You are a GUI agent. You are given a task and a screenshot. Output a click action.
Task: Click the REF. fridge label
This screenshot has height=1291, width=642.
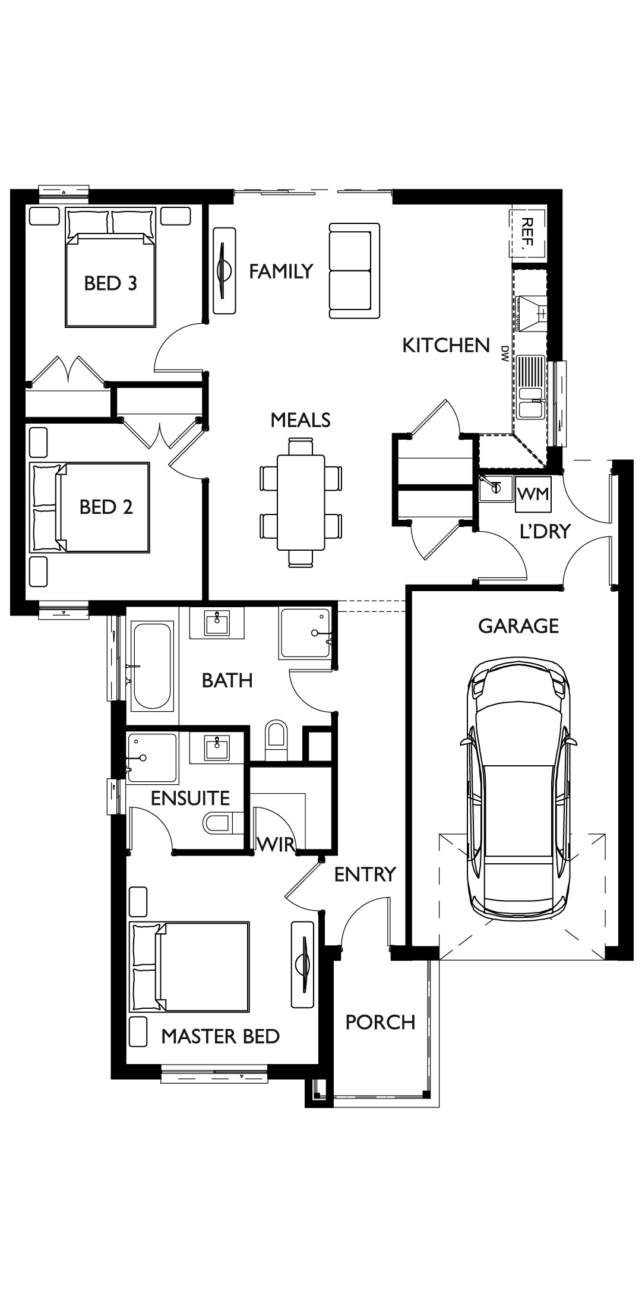click(527, 232)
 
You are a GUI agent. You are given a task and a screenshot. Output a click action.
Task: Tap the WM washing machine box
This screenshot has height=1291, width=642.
click(533, 494)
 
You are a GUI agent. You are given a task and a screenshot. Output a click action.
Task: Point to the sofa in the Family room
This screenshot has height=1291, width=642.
click(355, 271)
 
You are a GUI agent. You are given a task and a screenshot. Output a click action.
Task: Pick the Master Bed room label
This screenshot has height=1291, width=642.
click(220, 1036)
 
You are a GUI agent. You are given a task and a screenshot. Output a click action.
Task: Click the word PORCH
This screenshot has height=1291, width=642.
click(380, 1022)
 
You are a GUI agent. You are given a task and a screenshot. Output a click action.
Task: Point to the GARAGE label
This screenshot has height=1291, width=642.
click(518, 626)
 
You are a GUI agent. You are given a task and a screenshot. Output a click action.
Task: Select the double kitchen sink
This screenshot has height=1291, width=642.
click(530, 387)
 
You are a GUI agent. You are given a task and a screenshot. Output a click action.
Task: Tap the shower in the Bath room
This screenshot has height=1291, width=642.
click(305, 633)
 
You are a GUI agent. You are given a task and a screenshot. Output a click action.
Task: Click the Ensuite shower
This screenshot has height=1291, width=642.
click(152, 757)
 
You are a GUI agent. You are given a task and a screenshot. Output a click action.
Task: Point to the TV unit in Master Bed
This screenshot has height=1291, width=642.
click(302, 964)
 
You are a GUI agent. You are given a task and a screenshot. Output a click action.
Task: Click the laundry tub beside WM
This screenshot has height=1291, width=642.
click(496, 488)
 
